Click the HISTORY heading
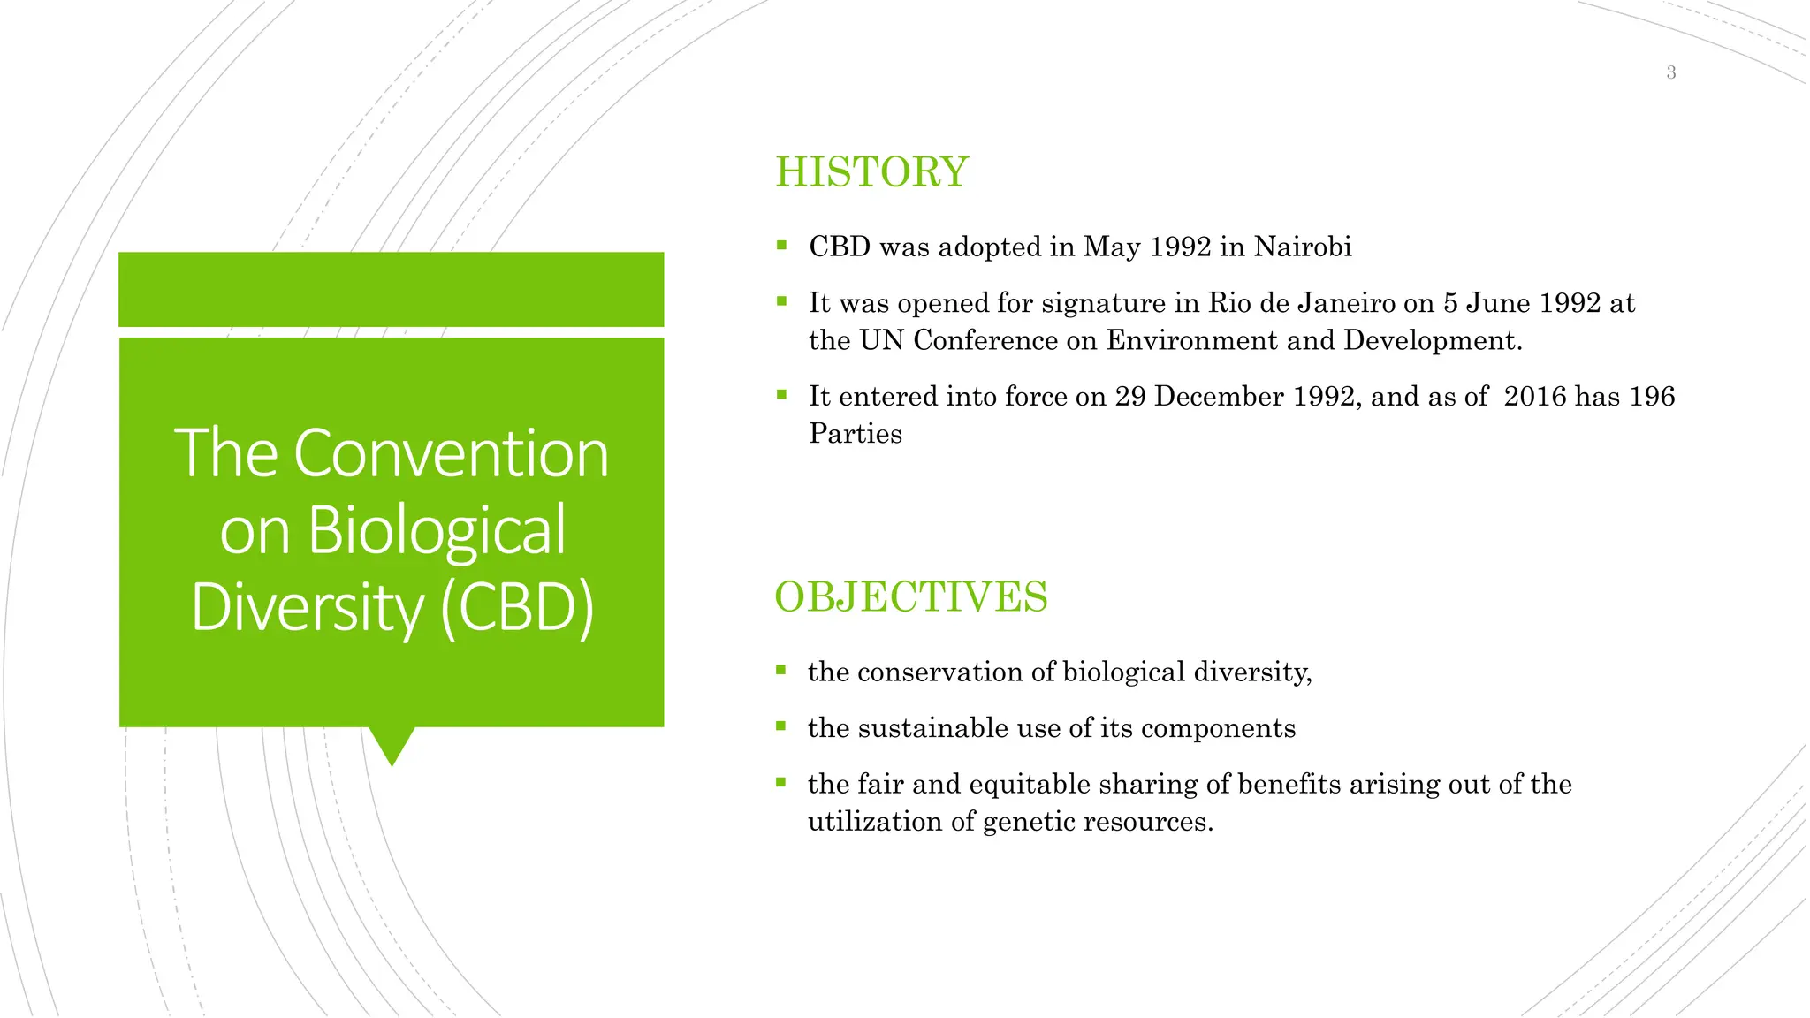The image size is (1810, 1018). (871, 171)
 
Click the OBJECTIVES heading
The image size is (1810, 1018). (910, 596)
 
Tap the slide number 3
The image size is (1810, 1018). (1670, 72)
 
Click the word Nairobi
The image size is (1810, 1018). (1303, 247)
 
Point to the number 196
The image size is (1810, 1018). (1651, 396)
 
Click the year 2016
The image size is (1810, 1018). (1535, 396)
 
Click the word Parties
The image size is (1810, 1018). (855, 434)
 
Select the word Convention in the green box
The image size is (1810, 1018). (451, 453)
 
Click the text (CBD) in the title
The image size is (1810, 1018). (517, 608)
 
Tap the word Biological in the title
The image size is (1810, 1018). (437, 530)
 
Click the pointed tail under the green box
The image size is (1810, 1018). (392, 745)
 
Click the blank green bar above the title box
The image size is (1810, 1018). (391, 289)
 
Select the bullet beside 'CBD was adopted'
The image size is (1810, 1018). (781, 246)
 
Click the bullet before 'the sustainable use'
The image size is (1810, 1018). (780, 726)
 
